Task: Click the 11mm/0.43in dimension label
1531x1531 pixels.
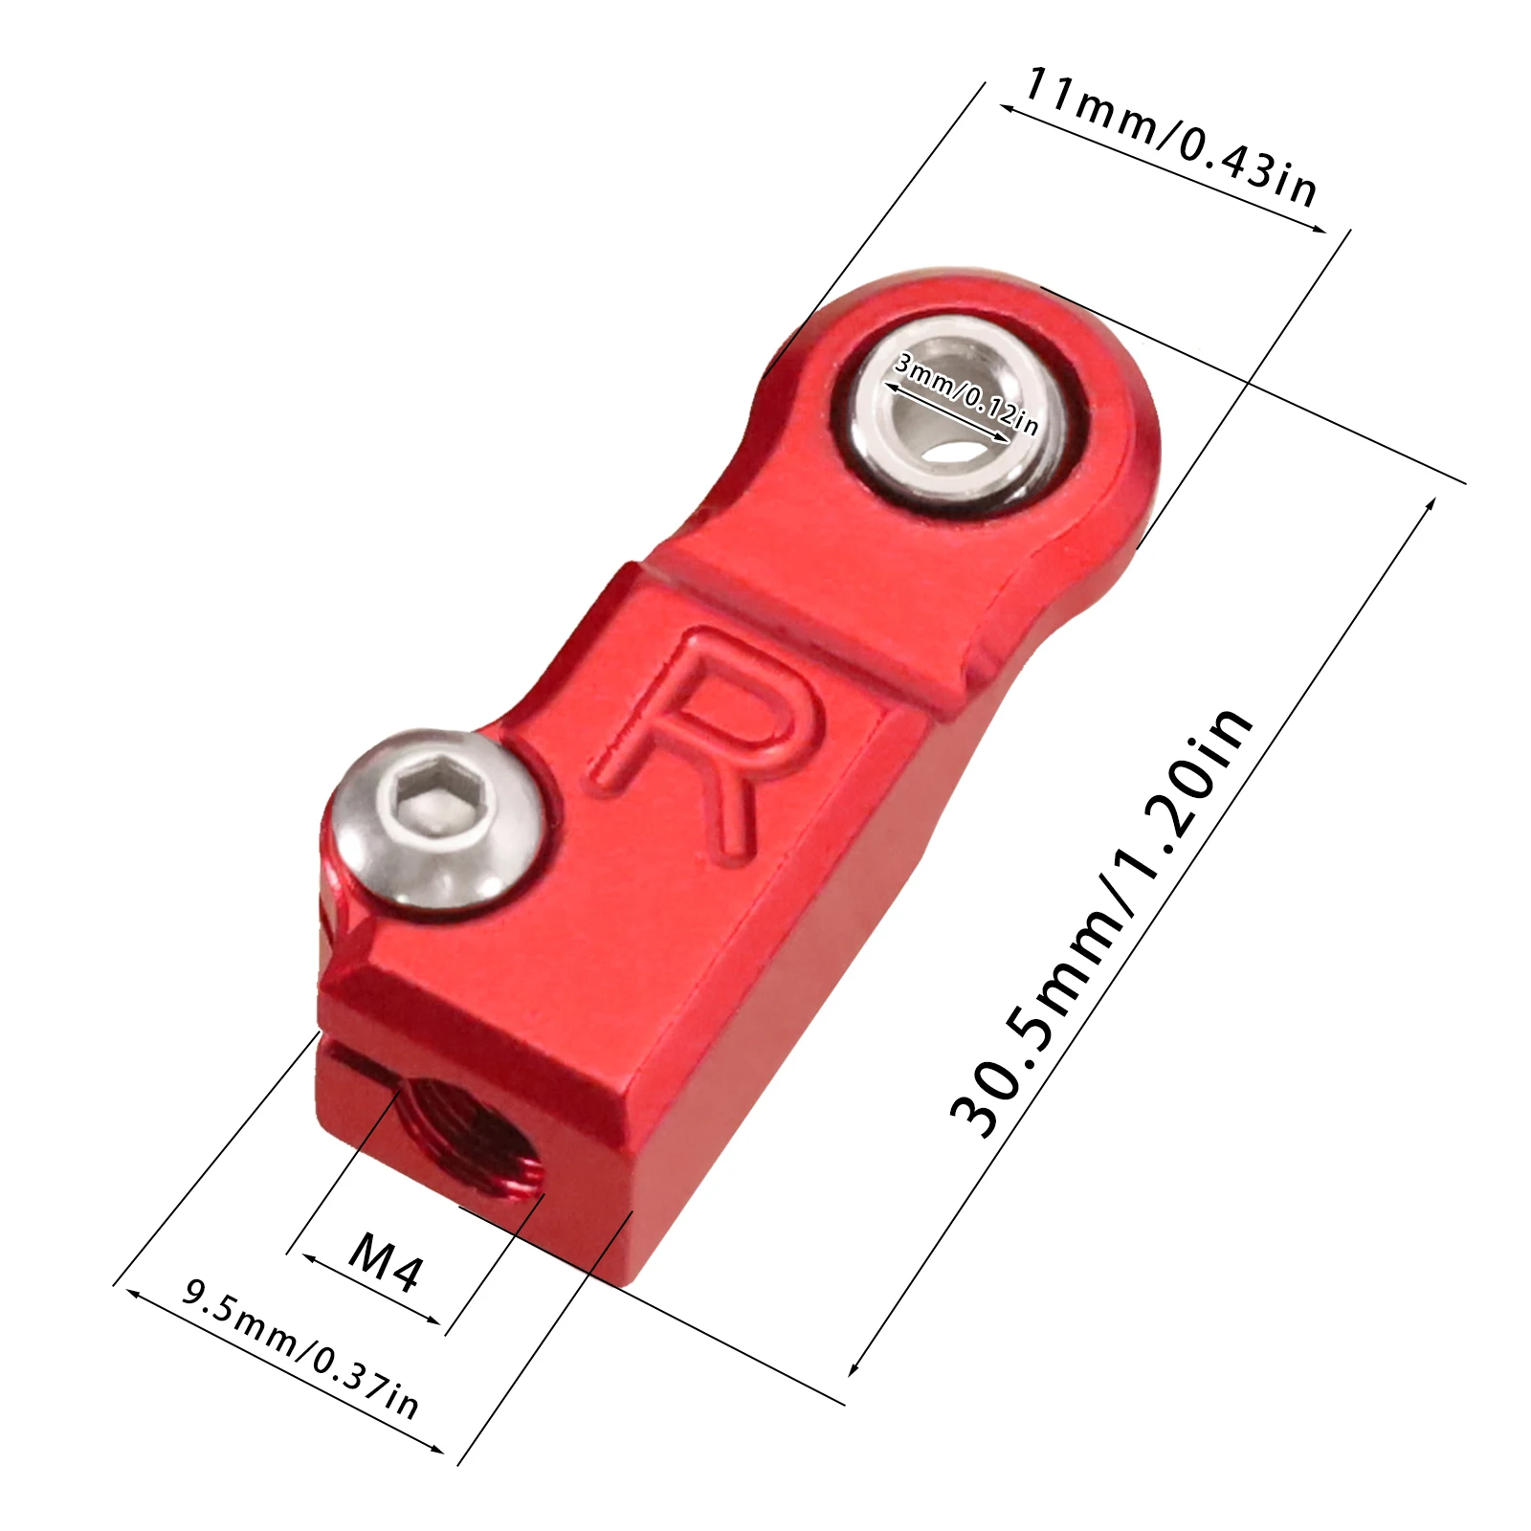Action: click(x=1170, y=139)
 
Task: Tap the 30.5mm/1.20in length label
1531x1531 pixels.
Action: click(x=1100, y=923)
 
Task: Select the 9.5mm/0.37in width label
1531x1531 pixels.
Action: click(x=300, y=1349)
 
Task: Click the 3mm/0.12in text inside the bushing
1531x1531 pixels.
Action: click(x=965, y=393)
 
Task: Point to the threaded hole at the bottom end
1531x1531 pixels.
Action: click(x=469, y=1139)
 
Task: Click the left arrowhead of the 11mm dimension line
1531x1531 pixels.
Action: click(x=1005, y=108)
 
